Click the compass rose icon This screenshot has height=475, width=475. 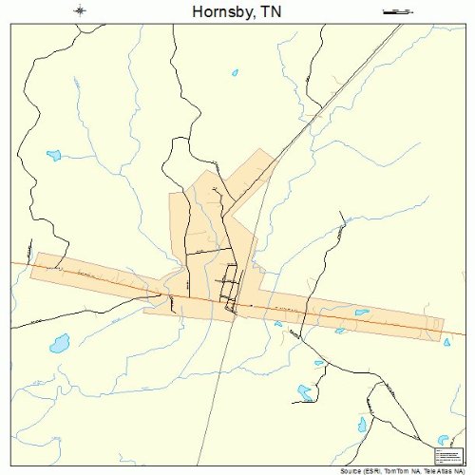pos(80,10)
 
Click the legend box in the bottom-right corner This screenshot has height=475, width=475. pos(445,453)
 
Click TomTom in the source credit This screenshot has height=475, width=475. pos(400,470)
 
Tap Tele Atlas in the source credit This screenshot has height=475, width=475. pos(440,470)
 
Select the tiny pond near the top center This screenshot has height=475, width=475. pos(235,71)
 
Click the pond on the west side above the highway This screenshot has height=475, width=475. pos(53,154)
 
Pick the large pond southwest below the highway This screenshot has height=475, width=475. pos(60,342)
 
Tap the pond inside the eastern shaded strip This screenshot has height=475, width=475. pos(362,312)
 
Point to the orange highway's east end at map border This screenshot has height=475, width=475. pos(463,334)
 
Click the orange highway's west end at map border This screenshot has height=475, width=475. pos(12,263)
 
